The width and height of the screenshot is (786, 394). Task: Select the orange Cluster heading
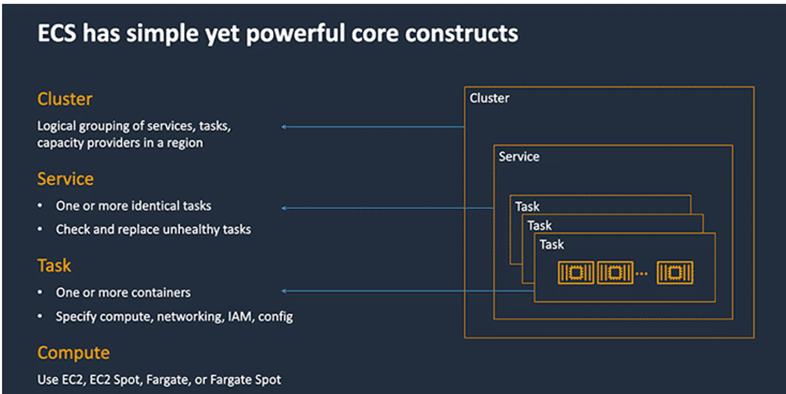tap(65, 99)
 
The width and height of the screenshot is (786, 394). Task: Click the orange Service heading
tap(65, 179)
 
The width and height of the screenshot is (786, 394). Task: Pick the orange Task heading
tap(54, 266)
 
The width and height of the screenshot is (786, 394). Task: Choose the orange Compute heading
tap(73, 353)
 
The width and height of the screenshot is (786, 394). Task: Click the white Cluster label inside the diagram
tap(489, 98)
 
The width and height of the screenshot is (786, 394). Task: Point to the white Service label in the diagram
tap(519, 157)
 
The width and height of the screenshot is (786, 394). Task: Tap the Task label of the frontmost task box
tap(552, 245)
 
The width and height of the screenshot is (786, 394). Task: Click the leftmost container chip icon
tap(576, 273)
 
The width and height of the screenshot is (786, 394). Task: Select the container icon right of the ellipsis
tap(675, 273)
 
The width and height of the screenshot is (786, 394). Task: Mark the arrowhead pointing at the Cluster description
tap(284, 127)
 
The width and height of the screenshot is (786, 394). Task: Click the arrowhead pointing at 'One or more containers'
tap(284, 291)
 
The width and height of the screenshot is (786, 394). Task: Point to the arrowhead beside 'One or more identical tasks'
tap(284, 208)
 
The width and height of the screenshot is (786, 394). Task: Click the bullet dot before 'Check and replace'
tap(41, 229)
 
